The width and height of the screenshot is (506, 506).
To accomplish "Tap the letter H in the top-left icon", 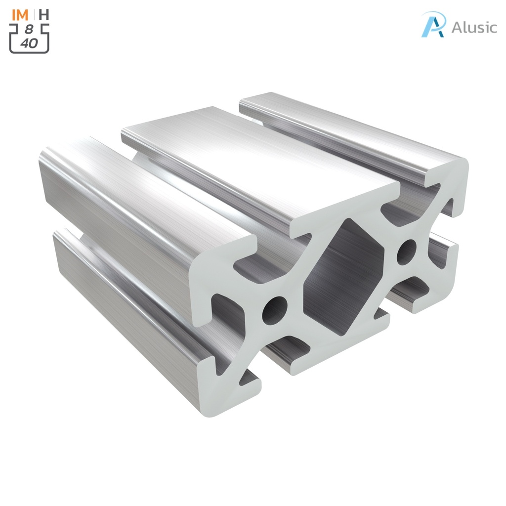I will click(44, 14).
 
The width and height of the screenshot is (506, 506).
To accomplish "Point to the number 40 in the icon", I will click(29, 43).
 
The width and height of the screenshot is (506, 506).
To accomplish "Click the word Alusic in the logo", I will click(474, 27).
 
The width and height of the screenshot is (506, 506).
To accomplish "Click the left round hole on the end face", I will click(275, 310).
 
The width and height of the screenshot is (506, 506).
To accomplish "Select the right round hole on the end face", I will click(406, 252).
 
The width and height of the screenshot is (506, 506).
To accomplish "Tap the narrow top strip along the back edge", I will click(346, 128).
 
